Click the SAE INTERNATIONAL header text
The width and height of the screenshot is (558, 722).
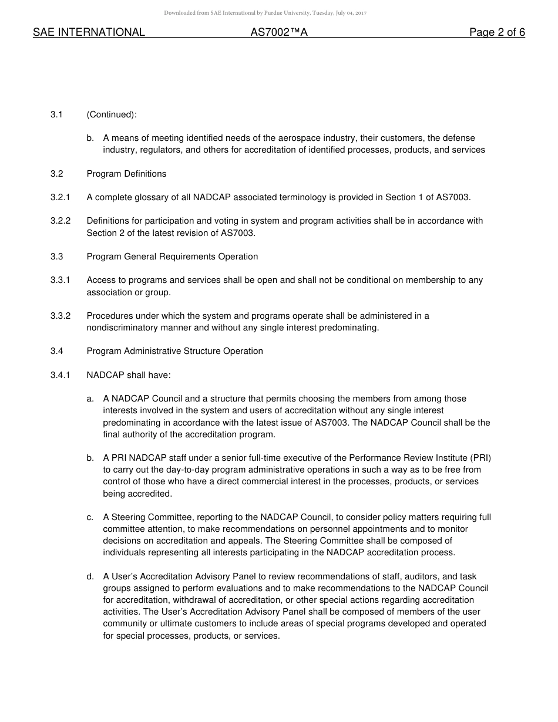tap(89, 33)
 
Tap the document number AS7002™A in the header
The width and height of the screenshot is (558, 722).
tap(279, 33)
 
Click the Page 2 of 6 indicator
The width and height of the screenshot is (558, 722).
tap(497, 33)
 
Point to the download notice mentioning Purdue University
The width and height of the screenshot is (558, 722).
tap(265, 13)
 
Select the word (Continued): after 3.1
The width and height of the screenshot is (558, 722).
tap(112, 114)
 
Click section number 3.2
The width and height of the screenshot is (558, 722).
tap(56, 174)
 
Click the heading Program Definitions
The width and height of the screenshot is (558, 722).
tap(126, 174)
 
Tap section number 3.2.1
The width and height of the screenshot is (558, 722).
tap(60, 197)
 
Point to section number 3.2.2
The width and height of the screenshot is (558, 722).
tap(60, 221)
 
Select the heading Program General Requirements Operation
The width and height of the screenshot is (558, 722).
tap(172, 257)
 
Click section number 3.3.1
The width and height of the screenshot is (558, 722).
tap(60, 280)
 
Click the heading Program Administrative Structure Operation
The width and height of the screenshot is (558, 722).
tap(174, 351)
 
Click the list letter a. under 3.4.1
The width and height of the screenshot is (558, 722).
tap(90, 399)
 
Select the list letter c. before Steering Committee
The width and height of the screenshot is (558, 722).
tap(90, 517)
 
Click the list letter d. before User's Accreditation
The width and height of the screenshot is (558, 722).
tap(90, 576)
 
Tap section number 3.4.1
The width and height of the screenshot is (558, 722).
tap(60, 375)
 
